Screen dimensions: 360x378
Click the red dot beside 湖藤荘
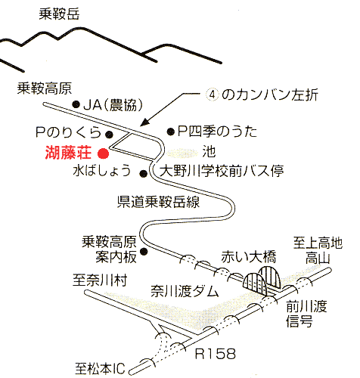tap(103, 153)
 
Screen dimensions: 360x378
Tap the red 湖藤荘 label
tap(68, 153)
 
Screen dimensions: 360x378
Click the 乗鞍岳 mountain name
tap(59, 14)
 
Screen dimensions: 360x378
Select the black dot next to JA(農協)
tap(76, 104)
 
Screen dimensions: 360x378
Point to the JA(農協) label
tap(113, 105)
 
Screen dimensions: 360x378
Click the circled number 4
tap(213, 95)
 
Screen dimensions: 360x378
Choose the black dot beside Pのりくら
tap(109, 135)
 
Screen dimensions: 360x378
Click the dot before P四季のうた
tap(171, 132)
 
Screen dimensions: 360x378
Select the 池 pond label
tap(209, 152)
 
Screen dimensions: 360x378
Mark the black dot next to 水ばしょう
tap(144, 173)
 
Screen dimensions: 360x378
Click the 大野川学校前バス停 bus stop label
tap(222, 171)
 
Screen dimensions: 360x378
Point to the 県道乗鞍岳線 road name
tap(158, 202)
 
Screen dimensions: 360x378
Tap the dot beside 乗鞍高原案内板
tap(144, 251)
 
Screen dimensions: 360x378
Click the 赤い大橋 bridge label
tap(249, 257)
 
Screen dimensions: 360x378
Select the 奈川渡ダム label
tap(185, 291)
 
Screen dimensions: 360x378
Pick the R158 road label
tap(216, 354)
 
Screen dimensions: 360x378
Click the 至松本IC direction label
tap(100, 368)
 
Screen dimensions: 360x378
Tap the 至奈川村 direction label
tap(100, 280)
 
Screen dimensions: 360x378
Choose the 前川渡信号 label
tap(306, 314)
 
